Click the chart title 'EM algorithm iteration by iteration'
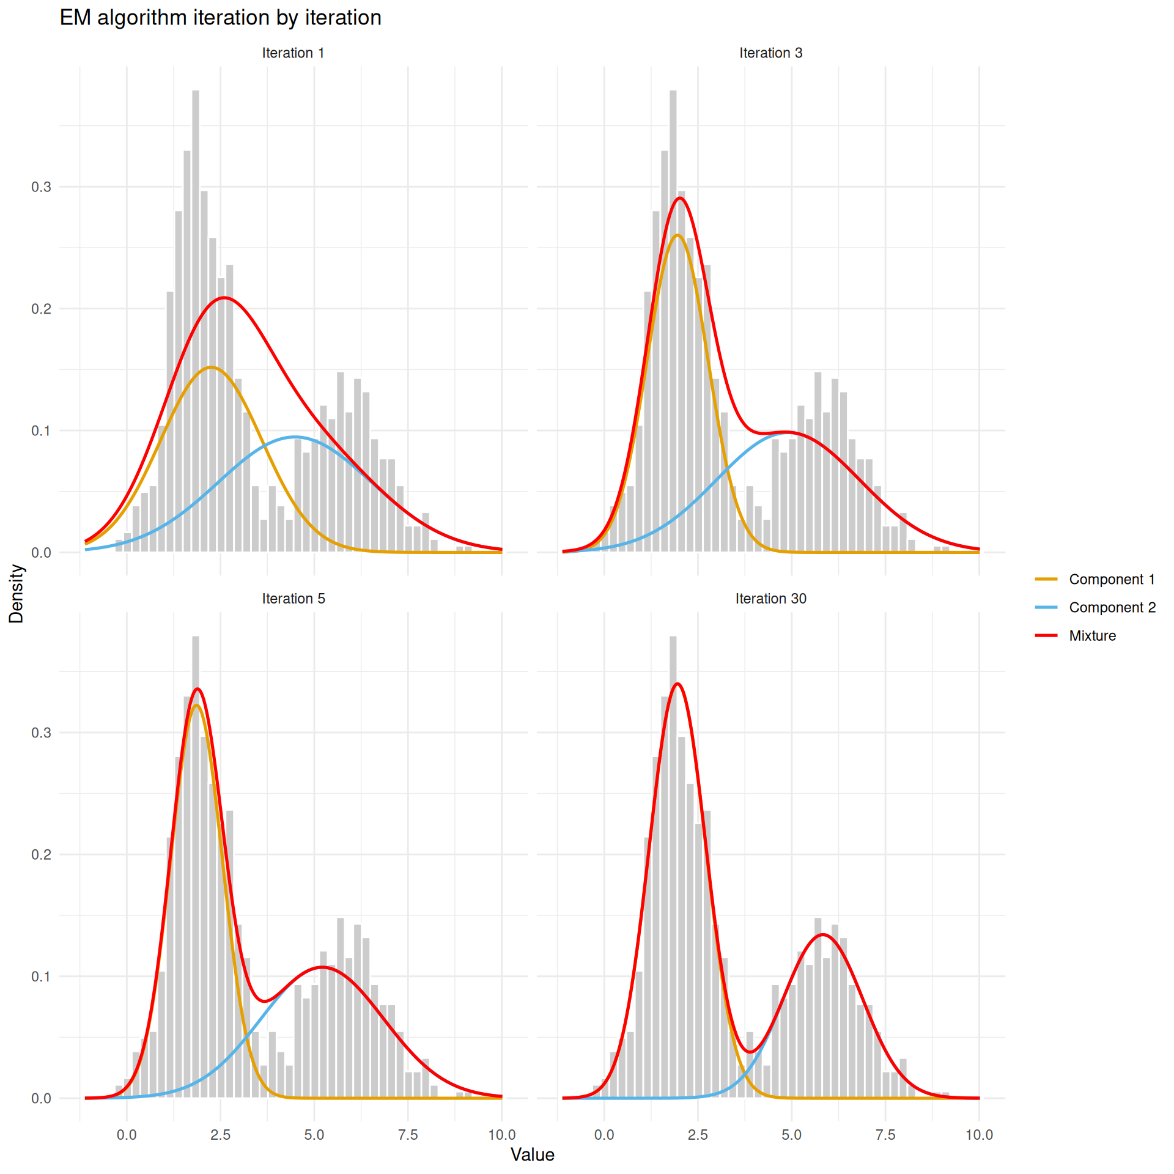click(220, 18)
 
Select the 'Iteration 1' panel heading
click(293, 53)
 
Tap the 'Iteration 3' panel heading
click(770, 53)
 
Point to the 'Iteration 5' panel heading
click(293, 599)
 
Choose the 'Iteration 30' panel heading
click(770, 599)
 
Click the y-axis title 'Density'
click(17, 593)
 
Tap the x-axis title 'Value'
click(532, 1154)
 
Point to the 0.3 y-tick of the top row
click(41, 187)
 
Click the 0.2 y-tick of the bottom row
click(41, 854)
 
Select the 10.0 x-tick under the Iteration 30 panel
click(978, 1135)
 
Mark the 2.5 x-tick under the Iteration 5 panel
click(220, 1135)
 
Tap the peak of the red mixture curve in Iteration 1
click(224, 298)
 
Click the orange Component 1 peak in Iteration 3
click(677, 235)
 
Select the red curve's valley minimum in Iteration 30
click(751, 1052)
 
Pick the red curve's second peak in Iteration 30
click(823, 934)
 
